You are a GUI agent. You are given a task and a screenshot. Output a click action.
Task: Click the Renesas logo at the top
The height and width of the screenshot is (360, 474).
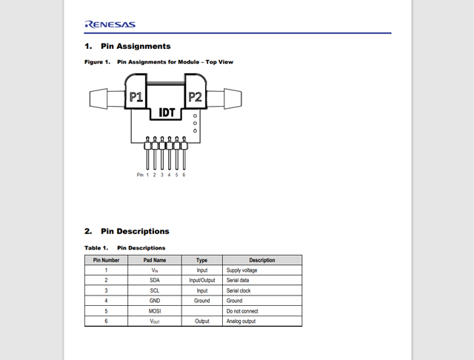(x=110, y=24)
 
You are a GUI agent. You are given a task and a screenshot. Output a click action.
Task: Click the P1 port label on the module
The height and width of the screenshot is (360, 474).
(x=136, y=97)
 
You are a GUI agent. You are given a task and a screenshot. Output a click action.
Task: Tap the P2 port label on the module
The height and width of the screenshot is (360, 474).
(x=195, y=97)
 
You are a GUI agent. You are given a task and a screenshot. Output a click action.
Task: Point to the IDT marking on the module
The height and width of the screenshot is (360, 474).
(x=167, y=113)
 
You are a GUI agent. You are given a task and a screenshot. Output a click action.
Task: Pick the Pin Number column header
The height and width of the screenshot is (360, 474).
(x=106, y=260)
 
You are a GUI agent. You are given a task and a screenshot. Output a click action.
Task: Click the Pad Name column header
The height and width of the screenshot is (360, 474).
(x=155, y=260)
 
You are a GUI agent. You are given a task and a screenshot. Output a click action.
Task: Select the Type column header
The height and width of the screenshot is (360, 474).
(x=201, y=260)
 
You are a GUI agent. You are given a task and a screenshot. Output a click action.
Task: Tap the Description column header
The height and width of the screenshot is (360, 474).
(x=262, y=260)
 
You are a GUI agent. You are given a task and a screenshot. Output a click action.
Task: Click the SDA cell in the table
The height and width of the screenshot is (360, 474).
(x=155, y=281)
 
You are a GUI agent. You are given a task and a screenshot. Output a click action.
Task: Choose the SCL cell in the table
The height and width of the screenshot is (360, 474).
(x=155, y=291)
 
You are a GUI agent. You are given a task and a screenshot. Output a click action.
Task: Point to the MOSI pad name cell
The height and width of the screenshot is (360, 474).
(x=155, y=311)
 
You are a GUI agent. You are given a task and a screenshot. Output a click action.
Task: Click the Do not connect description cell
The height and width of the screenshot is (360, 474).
(x=243, y=311)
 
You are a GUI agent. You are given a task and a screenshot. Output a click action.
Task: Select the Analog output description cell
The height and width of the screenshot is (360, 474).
(x=242, y=321)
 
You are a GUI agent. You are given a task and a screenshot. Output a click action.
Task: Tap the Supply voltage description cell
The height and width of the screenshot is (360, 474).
(x=242, y=270)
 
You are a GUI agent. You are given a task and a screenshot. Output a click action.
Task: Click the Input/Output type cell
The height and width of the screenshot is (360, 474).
(x=201, y=281)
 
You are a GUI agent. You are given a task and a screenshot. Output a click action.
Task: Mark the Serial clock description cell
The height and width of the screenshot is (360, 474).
(x=239, y=291)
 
